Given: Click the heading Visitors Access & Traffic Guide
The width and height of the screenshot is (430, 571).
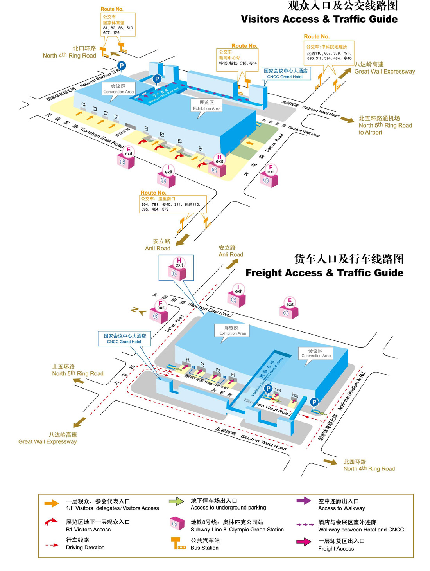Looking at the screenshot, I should pyautogui.click(x=319, y=19).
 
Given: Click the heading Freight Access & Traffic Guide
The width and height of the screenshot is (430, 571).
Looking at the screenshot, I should pyautogui.click(x=324, y=273).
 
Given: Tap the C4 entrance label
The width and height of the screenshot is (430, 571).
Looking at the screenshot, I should pyautogui.click(x=83, y=105).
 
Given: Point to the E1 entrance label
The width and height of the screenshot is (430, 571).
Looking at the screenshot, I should pyautogui.click(x=146, y=129).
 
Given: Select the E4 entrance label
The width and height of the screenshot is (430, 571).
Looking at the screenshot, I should pyautogui.click(x=201, y=149).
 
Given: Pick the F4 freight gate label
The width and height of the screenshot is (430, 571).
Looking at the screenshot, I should pyautogui.click(x=188, y=360).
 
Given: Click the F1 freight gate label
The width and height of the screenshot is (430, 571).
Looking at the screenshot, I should pyautogui.click(x=233, y=375).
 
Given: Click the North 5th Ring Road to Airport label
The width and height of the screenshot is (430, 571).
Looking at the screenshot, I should pyautogui.click(x=385, y=125).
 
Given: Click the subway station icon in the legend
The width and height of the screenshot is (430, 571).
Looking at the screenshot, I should pyautogui.click(x=177, y=524).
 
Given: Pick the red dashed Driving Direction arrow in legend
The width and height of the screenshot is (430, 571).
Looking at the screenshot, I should pyautogui.click(x=52, y=544).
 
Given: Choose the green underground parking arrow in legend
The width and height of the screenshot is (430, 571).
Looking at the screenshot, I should pyautogui.click(x=176, y=501).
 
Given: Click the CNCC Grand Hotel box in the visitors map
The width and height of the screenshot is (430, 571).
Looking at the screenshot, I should pyautogui.click(x=286, y=74).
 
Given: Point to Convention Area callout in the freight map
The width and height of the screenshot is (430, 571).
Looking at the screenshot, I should pyautogui.click(x=316, y=353).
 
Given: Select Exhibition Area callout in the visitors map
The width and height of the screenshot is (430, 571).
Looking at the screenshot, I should pyautogui.click(x=206, y=105).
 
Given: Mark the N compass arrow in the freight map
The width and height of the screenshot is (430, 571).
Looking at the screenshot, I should pyautogui.click(x=138, y=311).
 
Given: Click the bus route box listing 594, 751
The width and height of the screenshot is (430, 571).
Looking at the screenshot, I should pyautogui.click(x=172, y=204).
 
